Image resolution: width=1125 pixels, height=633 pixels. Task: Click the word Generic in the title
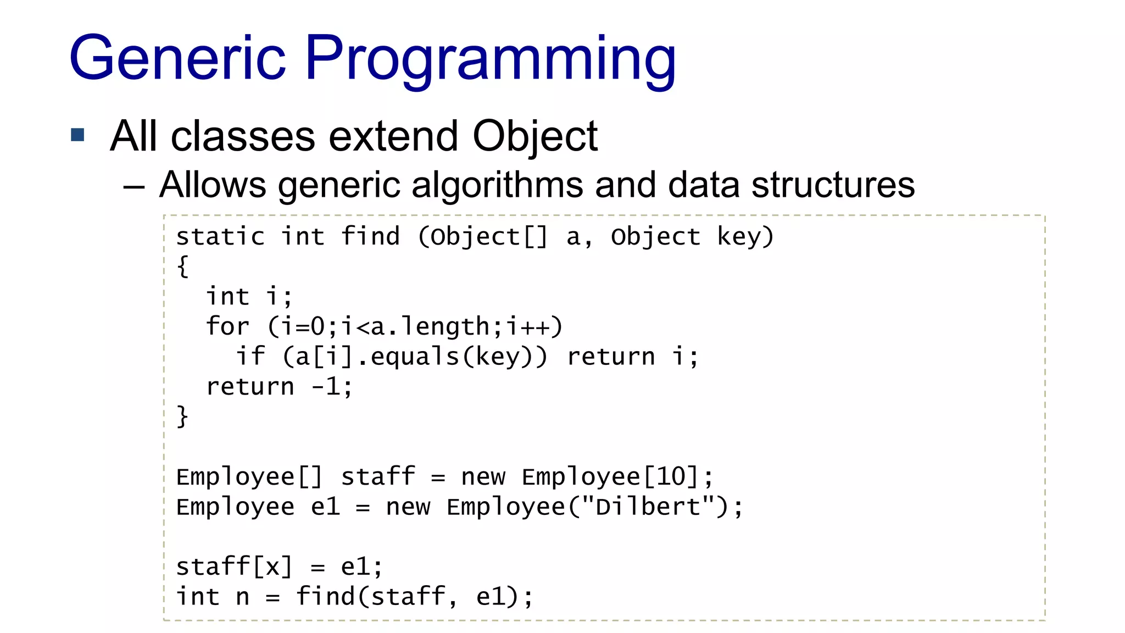(x=177, y=58)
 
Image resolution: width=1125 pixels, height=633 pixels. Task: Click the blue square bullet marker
(x=78, y=135)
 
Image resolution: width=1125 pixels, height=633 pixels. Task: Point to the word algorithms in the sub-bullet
(x=497, y=185)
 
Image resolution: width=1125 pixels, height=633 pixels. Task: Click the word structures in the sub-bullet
(x=833, y=185)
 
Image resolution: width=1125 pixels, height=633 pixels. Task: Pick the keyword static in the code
(x=220, y=237)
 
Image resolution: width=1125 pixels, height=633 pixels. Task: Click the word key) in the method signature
(x=745, y=237)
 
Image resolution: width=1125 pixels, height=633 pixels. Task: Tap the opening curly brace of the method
(x=183, y=266)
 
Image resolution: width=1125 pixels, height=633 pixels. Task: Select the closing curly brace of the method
(x=183, y=417)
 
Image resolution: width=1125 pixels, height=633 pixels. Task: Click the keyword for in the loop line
(x=227, y=326)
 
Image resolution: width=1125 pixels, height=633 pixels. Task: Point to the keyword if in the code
(x=250, y=356)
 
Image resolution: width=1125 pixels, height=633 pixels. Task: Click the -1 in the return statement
(x=326, y=386)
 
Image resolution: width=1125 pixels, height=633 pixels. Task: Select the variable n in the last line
(x=242, y=597)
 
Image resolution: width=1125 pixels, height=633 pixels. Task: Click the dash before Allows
(x=133, y=187)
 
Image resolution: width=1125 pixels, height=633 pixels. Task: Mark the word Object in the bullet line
(x=534, y=136)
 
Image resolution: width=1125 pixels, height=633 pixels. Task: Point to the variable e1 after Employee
(x=325, y=507)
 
